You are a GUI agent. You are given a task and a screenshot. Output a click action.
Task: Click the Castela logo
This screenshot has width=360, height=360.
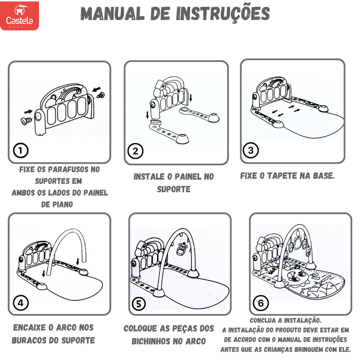coord(20,15)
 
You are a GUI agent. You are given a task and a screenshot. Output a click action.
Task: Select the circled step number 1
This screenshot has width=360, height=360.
coord(21,150)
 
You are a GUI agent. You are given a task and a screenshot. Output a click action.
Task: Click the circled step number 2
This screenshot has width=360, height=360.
coord(135,151)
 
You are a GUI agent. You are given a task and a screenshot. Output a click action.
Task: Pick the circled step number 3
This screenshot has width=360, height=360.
coord(251,150)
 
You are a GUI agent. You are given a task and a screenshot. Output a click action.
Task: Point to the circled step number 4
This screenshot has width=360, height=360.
coord(21,303)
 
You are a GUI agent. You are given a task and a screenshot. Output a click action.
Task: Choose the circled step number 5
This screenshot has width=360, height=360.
coord(139,304)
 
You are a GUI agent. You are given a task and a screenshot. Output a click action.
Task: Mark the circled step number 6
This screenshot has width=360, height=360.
coord(261,303)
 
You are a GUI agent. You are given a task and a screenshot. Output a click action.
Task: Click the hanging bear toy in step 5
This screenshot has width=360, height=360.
coord(182,249)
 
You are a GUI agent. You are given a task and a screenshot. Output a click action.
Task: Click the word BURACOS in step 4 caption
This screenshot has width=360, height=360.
coord(27,340)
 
